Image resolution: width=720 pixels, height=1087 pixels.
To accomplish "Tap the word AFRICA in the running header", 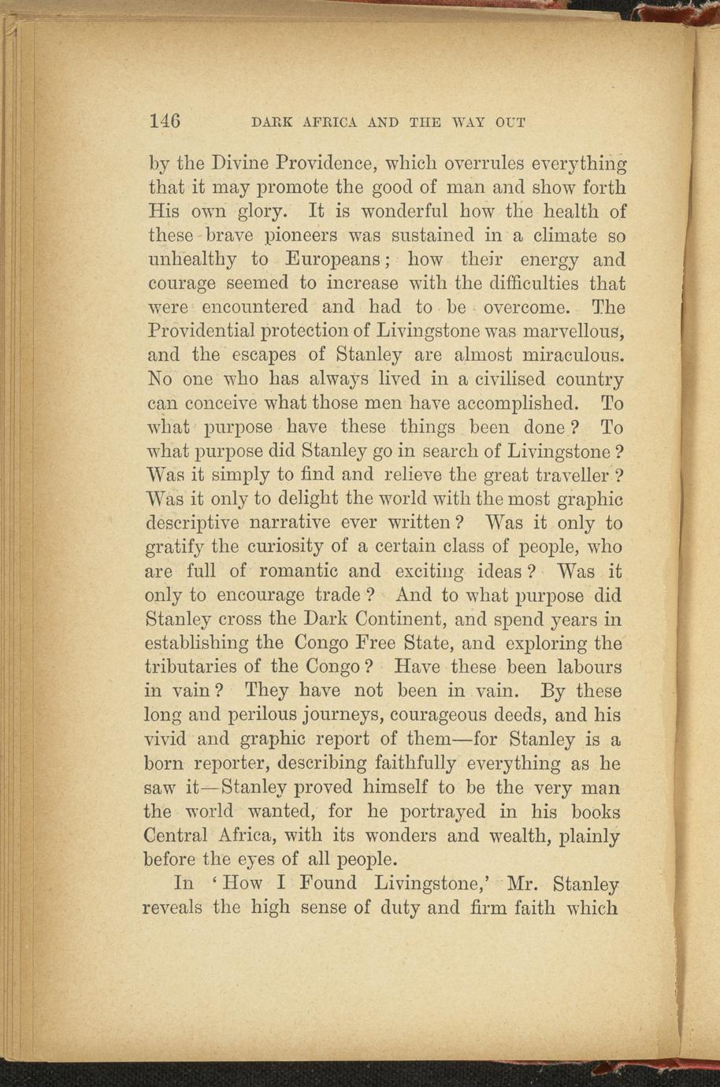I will pos(329,123).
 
